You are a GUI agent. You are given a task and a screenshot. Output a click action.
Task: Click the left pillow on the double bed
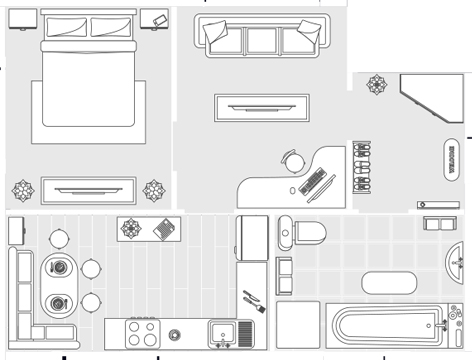[x=65, y=27]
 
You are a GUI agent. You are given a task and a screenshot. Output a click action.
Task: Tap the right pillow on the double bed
[x=111, y=27]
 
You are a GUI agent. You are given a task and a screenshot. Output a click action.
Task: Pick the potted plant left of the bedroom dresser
[x=22, y=188]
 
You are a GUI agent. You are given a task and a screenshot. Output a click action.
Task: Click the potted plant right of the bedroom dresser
[x=154, y=188]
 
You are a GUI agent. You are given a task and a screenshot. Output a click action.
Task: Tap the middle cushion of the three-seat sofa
[x=262, y=38]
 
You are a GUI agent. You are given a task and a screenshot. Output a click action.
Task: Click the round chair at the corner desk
[x=292, y=160]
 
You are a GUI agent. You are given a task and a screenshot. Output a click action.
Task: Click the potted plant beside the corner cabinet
[x=378, y=84]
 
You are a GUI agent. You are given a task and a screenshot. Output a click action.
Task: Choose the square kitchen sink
[x=220, y=332]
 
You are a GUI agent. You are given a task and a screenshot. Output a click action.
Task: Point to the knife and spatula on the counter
[x=252, y=301]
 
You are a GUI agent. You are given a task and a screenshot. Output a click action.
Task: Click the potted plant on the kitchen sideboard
[x=131, y=228]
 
